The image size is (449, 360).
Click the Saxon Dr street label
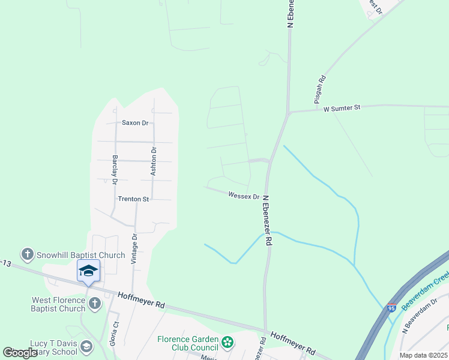point(135,123)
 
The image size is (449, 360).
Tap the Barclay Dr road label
point(114,170)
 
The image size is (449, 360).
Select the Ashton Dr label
point(154,161)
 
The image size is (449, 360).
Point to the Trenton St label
point(133,199)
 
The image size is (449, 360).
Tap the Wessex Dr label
point(243,196)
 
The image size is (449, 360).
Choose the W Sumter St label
point(342,109)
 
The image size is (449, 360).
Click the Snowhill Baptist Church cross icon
point(27,255)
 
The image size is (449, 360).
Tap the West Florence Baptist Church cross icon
point(95,304)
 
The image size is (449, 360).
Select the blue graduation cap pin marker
point(88,271)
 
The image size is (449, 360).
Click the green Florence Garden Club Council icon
point(227,343)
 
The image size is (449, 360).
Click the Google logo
point(19,353)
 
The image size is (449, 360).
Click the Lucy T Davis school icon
point(86,347)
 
